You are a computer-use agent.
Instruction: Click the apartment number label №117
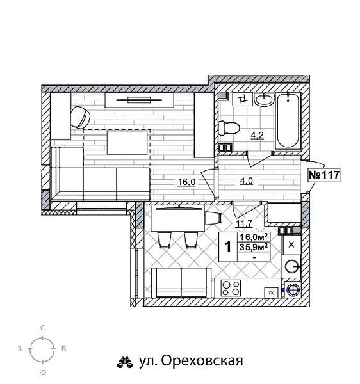click(324, 175)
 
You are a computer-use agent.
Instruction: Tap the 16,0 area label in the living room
click(186, 182)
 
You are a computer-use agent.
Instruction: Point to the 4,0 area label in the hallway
click(247, 181)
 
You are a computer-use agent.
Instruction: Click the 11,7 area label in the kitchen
click(243, 223)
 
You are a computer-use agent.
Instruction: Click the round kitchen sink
click(293, 267)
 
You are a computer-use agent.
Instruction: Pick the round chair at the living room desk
click(80, 116)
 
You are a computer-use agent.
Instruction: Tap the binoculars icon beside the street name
click(124, 362)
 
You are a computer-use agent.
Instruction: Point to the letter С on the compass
click(42, 328)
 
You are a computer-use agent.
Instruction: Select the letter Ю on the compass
click(42, 371)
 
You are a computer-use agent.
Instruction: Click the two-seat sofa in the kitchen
click(182, 282)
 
